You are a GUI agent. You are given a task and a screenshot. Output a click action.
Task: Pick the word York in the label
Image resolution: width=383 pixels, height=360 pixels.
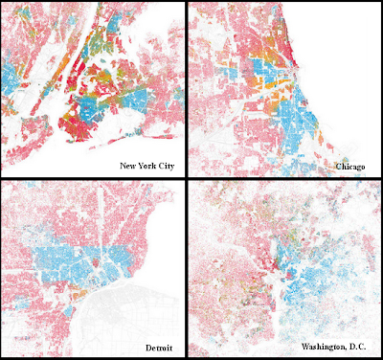click(147, 166)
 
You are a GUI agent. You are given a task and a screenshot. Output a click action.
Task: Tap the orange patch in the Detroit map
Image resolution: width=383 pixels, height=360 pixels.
click(71, 305)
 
